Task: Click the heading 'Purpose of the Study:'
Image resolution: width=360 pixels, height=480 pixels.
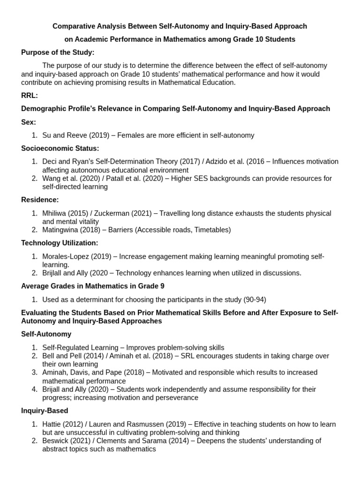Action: tap(58, 52)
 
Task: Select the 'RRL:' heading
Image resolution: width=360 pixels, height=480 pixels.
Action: tap(30, 96)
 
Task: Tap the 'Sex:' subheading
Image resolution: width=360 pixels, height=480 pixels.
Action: tap(29, 122)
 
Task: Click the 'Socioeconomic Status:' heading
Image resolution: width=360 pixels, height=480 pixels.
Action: tap(60, 148)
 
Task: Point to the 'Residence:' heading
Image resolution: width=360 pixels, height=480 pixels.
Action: tap(40, 200)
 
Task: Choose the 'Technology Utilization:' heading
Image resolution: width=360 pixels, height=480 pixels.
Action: tap(60, 243)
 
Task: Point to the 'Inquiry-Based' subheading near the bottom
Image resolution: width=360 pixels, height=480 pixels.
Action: tap(45, 411)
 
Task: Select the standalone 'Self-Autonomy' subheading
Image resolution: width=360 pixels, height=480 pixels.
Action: tap(46, 334)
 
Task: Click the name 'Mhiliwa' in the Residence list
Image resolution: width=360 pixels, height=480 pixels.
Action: tap(55, 213)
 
